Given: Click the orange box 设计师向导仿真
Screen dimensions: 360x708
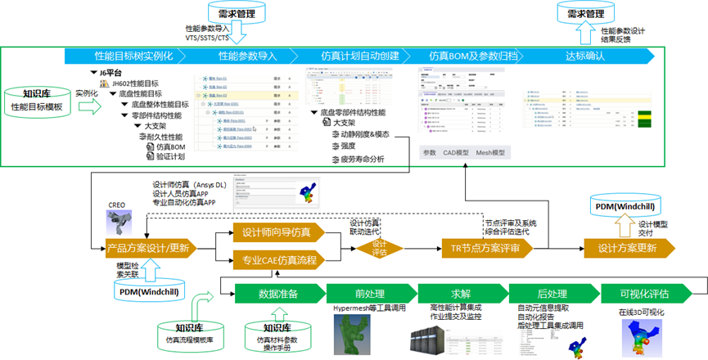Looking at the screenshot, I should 276,232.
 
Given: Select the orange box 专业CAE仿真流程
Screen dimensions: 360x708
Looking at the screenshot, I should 276,260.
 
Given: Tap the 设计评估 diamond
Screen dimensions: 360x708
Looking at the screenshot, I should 378,247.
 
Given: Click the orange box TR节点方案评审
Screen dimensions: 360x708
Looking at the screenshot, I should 485,248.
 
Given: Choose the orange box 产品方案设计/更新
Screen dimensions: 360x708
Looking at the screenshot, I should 147,247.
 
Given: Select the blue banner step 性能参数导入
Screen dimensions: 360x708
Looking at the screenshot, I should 246,56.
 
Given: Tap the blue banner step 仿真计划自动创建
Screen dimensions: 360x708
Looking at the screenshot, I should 359,56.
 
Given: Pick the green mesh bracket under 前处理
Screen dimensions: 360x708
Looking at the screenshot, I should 359,336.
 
